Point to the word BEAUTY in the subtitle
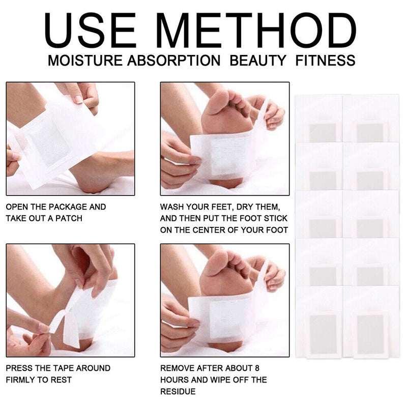tap(258, 61)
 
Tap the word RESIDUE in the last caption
tap(177, 392)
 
